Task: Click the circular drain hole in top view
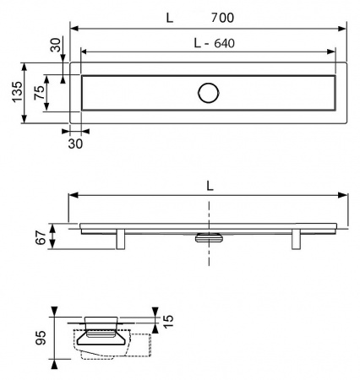pyautogui.click(x=208, y=94)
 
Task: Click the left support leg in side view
pyautogui.click(x=122, y=239)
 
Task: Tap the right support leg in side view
pyautogui.click(x=296, y=239)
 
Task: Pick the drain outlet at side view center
pyautogui.click(x=208, y=237)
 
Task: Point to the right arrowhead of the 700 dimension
pyautogui.click(x=345, y=28)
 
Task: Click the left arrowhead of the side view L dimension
pyautogui.click(x=73, y=195)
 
